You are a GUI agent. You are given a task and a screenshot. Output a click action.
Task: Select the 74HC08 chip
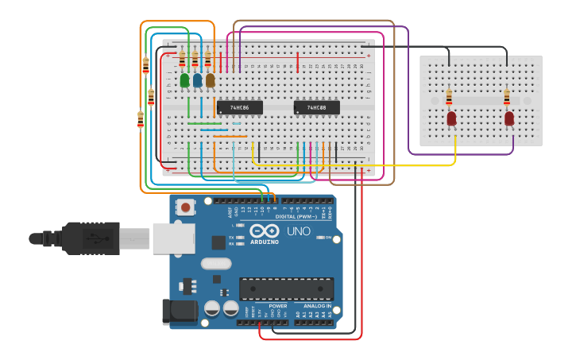click(316, 107)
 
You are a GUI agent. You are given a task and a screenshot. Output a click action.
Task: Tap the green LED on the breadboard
click(185, 80)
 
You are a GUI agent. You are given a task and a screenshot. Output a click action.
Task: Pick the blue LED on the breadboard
click(197, 80)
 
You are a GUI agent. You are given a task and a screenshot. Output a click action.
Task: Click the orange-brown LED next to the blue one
click(210, 80)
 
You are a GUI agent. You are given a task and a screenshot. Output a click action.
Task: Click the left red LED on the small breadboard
click(451, 118)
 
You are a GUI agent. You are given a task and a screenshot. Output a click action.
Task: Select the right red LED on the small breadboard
click(509, 118)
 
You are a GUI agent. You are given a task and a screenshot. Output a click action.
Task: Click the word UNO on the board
click(298, 231)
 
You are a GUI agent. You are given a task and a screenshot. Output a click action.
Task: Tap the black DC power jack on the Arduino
click(180, 312)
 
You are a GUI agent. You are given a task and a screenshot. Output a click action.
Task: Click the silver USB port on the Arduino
click(173, 238)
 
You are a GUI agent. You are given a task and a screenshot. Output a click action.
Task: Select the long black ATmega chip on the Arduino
click(286, 289)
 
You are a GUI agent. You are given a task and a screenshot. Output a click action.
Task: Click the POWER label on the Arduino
click(278, 306)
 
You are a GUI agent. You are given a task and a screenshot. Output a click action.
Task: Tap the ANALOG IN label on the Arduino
click(317, 306)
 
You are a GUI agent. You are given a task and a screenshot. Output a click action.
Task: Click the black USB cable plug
click(91, 238)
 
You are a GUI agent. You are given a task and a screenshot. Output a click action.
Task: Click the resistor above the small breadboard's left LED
click(449, 97)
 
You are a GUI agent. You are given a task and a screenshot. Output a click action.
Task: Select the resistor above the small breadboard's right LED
click(507, 97)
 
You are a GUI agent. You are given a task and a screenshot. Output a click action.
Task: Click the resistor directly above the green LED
click(182, 59)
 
